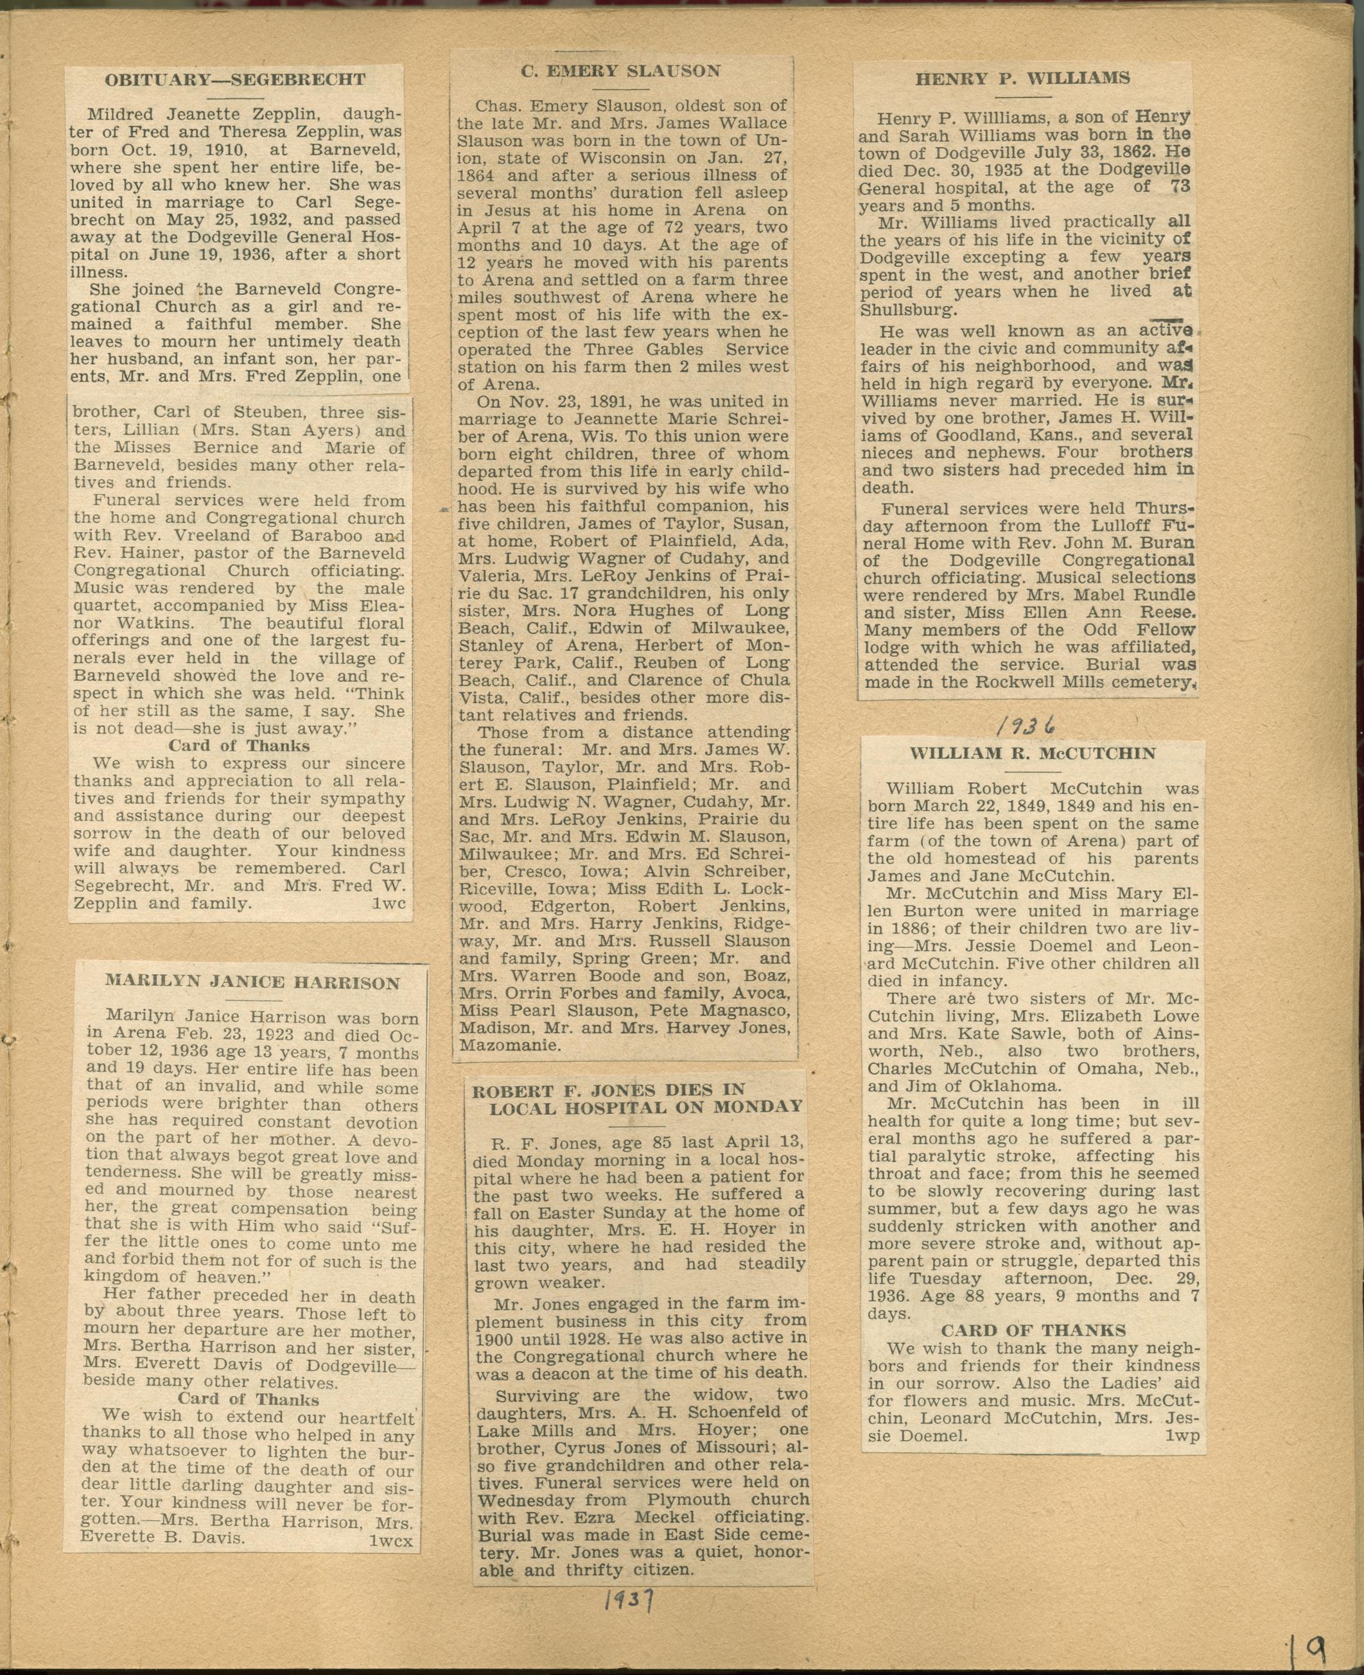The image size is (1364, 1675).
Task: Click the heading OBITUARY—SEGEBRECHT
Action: click(235, 80)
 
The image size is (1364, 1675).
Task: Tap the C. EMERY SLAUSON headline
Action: click(621, 71)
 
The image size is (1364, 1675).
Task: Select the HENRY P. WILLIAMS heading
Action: click(1022, 78)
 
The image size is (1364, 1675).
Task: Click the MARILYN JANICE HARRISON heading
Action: click(252, 983)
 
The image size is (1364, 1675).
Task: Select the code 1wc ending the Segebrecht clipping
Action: click(389, 904)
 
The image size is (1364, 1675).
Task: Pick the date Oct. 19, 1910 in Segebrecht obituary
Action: click(176, 151)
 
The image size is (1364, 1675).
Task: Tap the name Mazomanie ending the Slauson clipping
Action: click(509, 1045)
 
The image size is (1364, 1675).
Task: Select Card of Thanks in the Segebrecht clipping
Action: click(239, 746)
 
